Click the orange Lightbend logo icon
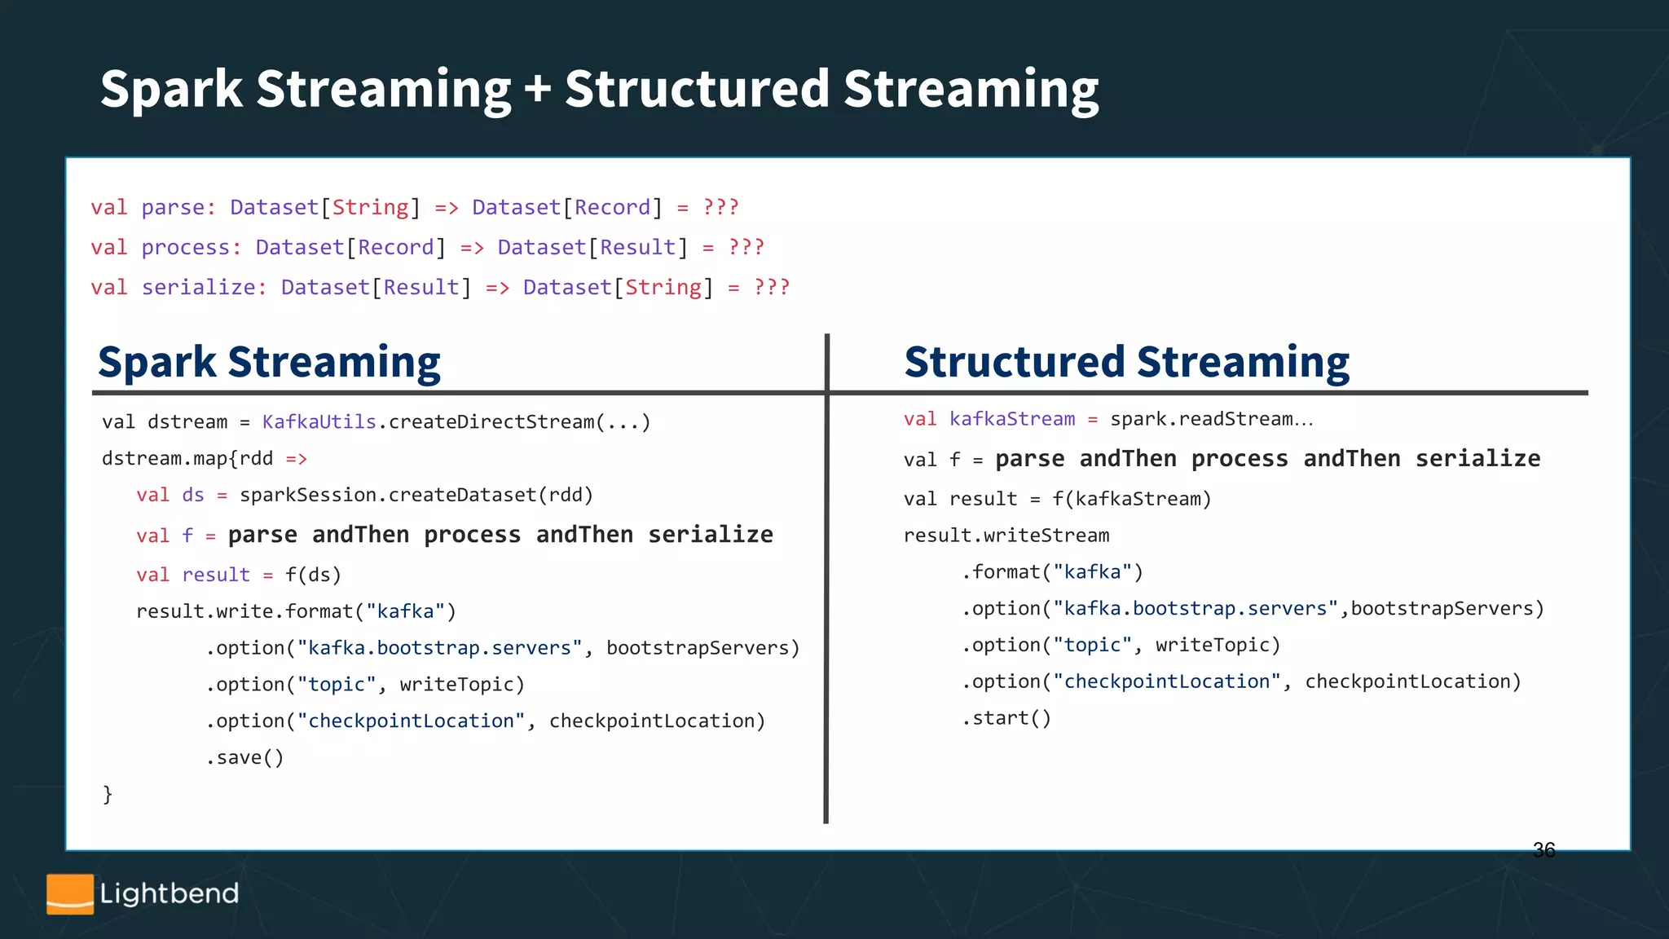pyautogui.click(x=70, y=894)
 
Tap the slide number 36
pyautogui.click(x=1543, y=850)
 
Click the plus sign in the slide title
pyautogui.click(x=538, y=89)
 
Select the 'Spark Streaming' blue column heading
pyautogui.click(x=269, y=362)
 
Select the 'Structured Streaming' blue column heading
pyautogui.click(x=1126, y=362)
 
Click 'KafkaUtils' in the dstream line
pyautogui.click(x=319, y=422)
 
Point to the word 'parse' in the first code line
pyautogui.click(x=173, y=208)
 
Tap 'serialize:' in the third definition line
pyautogui.click(x=204, y=288)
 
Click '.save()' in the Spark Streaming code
pyautogui.click(x=244, y=758)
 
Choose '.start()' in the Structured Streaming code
pyautogui.click(x=1006, y=718)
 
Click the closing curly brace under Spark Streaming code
pyautogui.click(x=108, y=794)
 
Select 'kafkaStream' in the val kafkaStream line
pyautogui.click(x=1012, y=419)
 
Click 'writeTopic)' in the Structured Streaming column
pyautogui.click(x=1218, y=646)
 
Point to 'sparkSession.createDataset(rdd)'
pyautogui.click(x=416, y=496)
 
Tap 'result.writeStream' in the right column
pyautogui.click(x=1006, y=536)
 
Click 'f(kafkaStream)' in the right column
pyautogui.click(x=1131, y=499)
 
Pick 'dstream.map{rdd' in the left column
pyautogui.click(x=187, y=459)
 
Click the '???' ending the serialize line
pyautogui.click(x=772, y=288)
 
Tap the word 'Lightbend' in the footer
pyautogui.click(x=170, y=894)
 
